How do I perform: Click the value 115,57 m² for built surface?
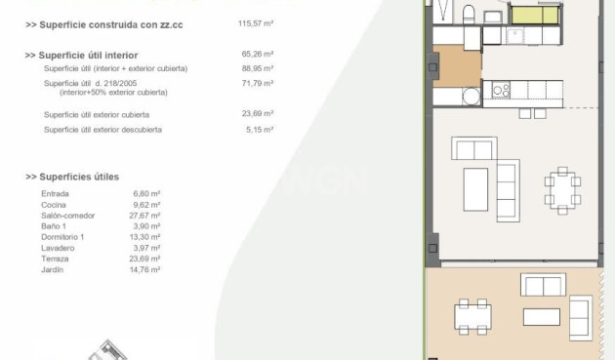256,23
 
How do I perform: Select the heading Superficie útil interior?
81,56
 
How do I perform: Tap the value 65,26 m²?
258,54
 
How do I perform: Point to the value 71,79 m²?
258,83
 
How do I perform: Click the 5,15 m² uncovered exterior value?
260,130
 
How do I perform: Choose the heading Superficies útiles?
72,177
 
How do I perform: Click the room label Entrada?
55,194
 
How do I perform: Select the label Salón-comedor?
68,216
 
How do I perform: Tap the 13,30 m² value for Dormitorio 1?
144,237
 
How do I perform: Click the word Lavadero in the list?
58,248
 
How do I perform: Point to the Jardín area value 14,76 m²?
144,270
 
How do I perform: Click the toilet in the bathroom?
469,15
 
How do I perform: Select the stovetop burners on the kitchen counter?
501,90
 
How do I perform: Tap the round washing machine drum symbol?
471,97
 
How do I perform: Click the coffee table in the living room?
475,190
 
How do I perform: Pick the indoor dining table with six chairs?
562,190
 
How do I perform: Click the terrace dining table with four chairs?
472,317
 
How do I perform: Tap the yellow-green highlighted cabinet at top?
535,16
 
